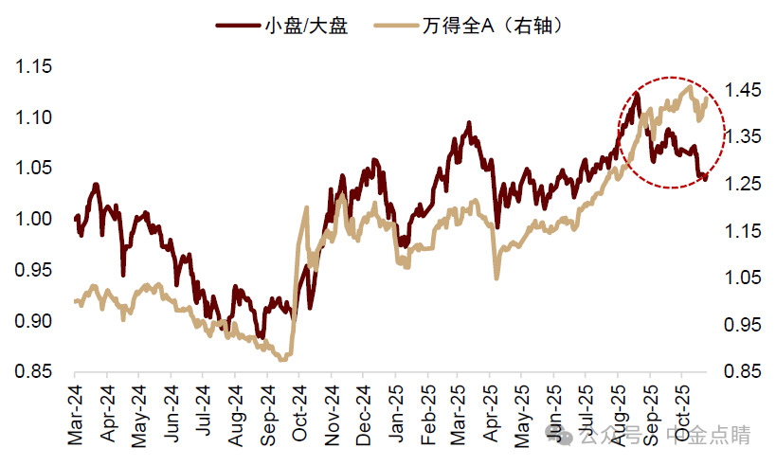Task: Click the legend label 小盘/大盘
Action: point(306,27)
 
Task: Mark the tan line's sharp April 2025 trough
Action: point(496,278)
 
